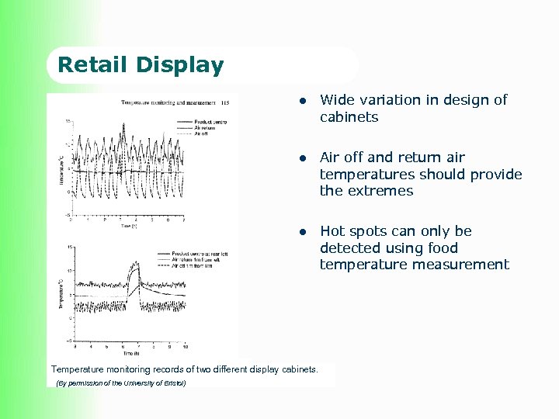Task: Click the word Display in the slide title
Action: [x=182, y=65]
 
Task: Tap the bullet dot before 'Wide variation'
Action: [x=305, y=100]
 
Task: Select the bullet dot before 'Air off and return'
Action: [x=305, y=158]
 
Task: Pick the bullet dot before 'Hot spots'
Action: [x=305, y=231]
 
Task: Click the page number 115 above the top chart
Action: [x=225, y=102]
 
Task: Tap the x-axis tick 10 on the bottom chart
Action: [x=185, y=346]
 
